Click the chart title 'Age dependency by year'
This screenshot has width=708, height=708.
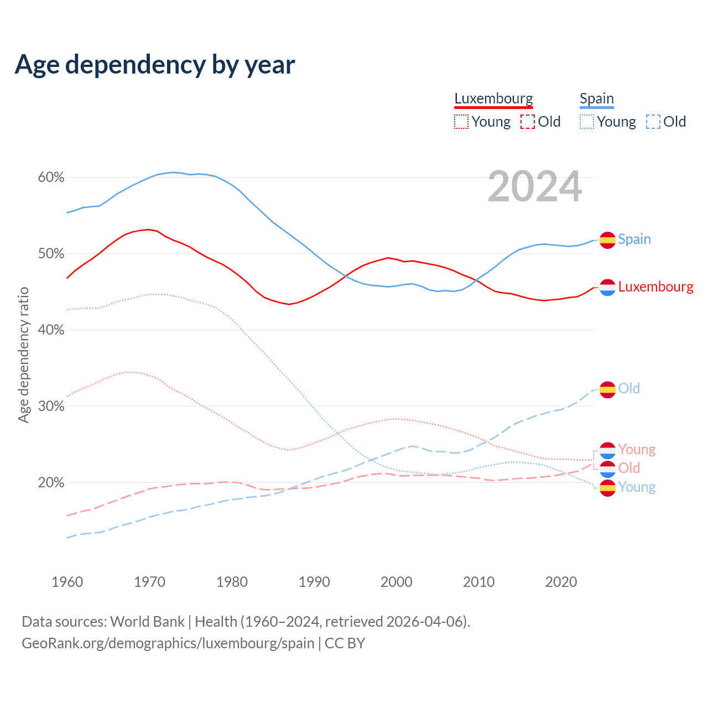[155, 64]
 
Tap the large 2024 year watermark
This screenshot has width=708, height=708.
[534, 186]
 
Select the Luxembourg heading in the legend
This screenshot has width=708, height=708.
[493, 99]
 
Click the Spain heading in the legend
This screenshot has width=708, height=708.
[596, 99]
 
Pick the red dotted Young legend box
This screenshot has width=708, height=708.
[461, 122]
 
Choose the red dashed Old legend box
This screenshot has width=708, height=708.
[527, 122]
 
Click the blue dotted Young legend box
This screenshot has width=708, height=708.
[586, 122]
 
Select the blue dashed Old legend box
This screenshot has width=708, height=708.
[653, 122]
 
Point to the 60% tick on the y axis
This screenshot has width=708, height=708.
[51, 178]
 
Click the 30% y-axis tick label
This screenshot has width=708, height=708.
[51, 407]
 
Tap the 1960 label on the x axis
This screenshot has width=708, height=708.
[67, 582]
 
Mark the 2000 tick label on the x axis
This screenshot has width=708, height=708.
[397, 582]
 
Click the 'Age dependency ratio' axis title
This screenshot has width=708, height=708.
[23, 355]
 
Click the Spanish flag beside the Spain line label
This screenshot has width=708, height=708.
[607, 240]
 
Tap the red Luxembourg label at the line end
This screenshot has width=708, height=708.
[655, 287]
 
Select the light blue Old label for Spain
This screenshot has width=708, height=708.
[629, 388]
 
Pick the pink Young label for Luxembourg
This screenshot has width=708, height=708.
[637, 449]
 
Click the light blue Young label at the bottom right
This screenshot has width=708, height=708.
[637, 487]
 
